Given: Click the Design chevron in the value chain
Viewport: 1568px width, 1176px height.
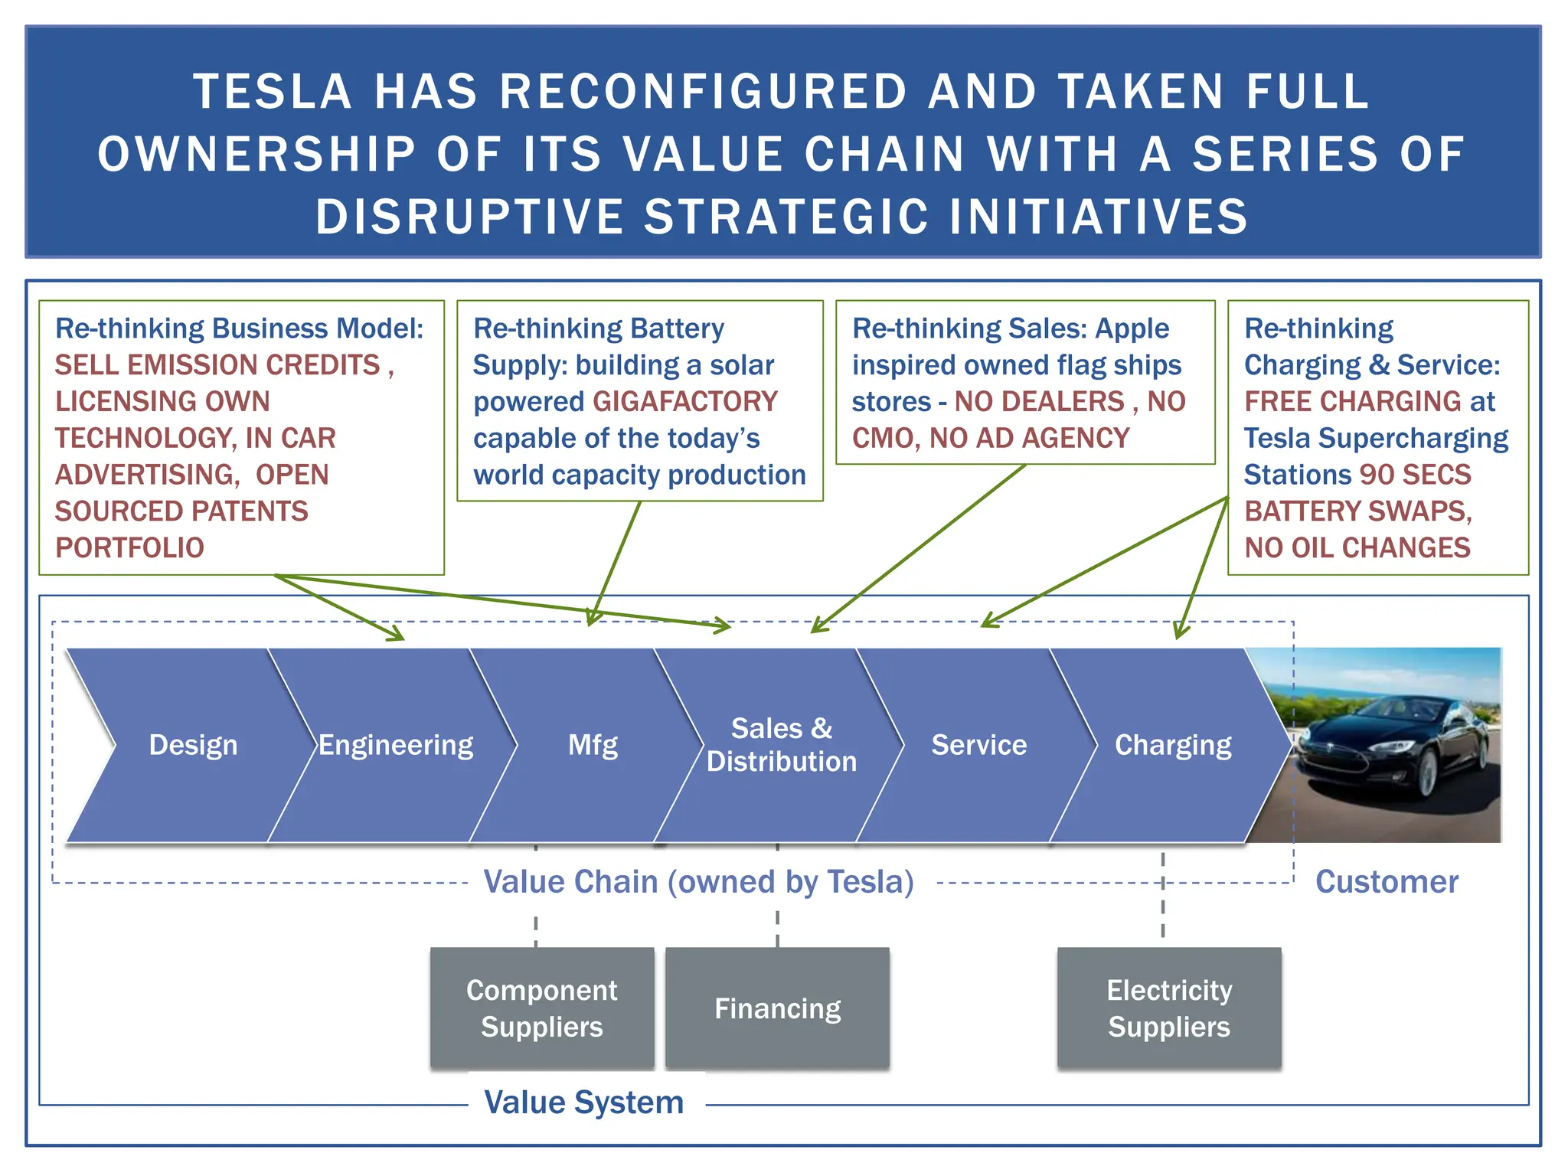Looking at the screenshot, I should [x=193, y=745].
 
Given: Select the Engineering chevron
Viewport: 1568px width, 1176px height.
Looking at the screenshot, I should [x=395, y=745].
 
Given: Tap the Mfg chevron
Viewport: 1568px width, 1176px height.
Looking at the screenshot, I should [x=593, y=745].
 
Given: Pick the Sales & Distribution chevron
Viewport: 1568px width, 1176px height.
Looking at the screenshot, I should [x=781, y=745].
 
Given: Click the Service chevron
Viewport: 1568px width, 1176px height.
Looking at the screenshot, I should [x=978, y=745].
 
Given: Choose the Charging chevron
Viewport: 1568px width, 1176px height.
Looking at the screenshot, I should [x=1173, y=745].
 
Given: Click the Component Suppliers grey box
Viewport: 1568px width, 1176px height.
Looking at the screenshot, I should [x=541, y=1008].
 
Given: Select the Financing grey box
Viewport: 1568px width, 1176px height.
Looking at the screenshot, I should [x=777, y=1008].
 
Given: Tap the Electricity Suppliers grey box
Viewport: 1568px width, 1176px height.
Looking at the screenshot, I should [x=1169, y=1008].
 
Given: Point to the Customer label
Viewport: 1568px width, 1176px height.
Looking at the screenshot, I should [x=1387, y=882].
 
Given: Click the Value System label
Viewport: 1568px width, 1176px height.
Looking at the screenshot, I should [x=584, y=1102].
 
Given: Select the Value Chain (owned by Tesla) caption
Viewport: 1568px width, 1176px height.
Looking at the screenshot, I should [x=699, y=882].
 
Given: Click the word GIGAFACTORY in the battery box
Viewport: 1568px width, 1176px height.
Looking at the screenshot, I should [x=685, y=402].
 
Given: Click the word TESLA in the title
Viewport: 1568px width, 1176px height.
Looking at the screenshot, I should [x=273, y=92].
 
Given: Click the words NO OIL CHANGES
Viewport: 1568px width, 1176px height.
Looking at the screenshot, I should [x=1357, y=548].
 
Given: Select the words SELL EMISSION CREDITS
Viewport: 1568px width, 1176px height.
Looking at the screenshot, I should [x=217, y=365].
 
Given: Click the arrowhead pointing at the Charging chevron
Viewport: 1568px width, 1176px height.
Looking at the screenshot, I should [x=1180, y=632].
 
